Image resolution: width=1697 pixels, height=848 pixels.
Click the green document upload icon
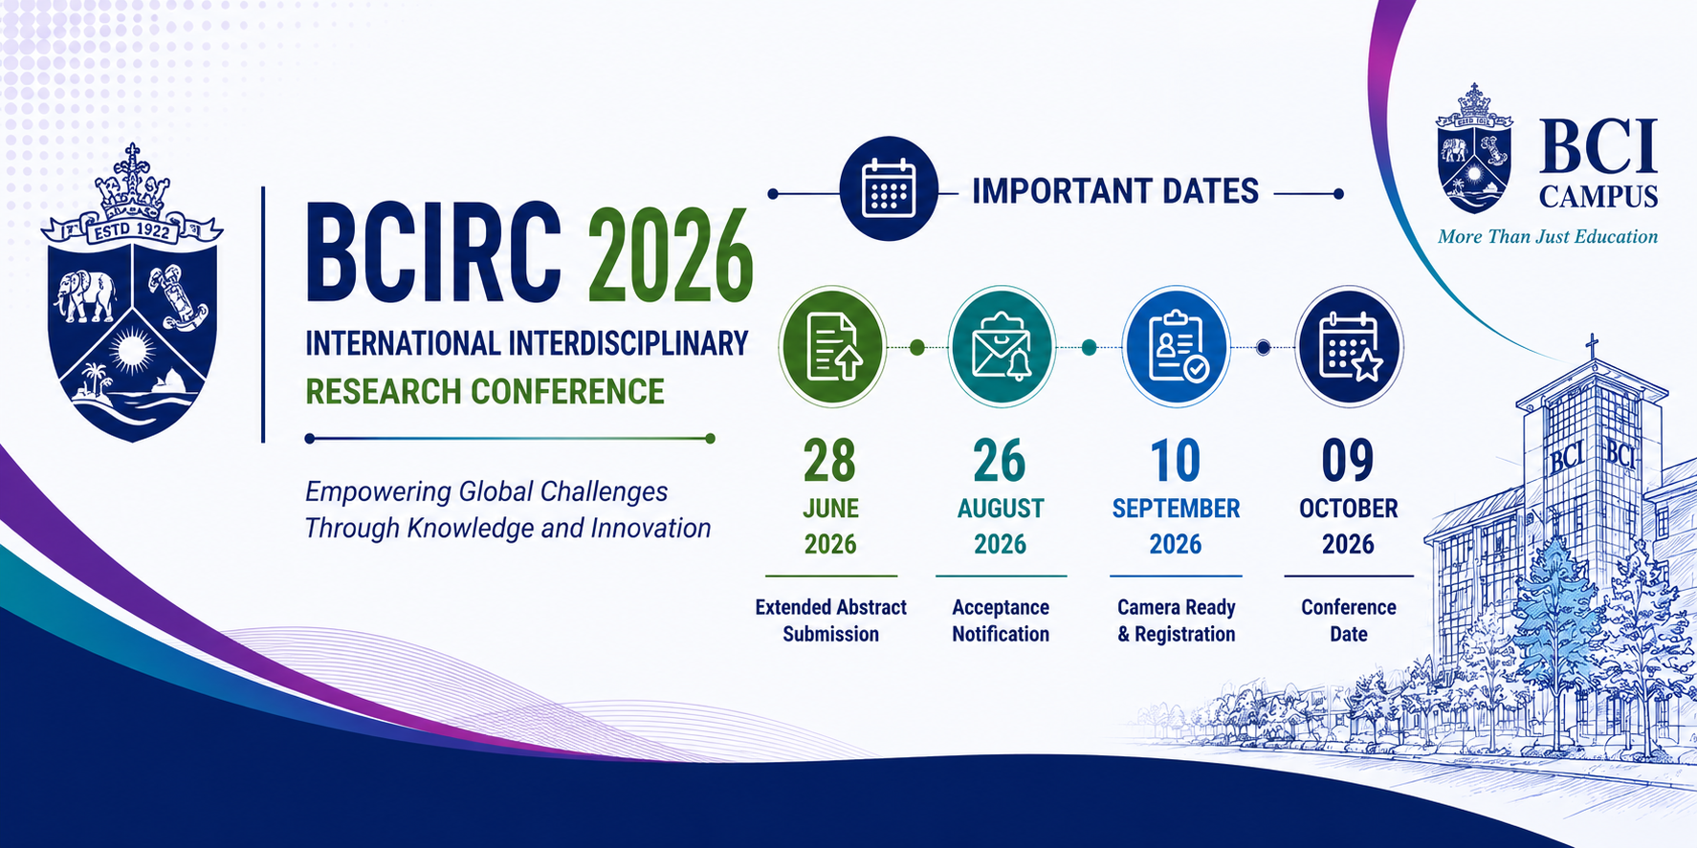click(832, 347)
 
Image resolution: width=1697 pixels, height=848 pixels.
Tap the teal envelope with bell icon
click(1001, 347)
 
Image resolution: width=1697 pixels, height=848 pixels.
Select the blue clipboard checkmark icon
click(1176, 347)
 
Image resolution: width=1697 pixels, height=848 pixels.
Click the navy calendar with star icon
click(1349, 347)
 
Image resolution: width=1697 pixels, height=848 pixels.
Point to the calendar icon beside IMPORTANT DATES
click(889, 188)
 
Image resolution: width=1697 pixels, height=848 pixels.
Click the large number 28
click(829, 461)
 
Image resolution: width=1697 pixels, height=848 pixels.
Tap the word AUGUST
click(1001, 509)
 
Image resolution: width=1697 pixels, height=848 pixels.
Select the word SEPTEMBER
click(1176, 509)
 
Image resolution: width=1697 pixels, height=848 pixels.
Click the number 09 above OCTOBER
click(1348, 461)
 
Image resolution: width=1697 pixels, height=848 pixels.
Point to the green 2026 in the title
click(671, 256)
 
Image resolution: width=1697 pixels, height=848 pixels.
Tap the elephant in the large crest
click(86, 294)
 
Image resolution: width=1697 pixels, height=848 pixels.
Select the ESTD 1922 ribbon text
click(131, 229)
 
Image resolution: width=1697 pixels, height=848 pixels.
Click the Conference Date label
click(1349, 620)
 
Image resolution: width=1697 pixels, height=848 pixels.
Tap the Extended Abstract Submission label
click(830, 620)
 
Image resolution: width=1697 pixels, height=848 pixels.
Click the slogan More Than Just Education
click(1548, 237)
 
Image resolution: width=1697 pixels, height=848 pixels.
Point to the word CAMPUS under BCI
click(1598, 197)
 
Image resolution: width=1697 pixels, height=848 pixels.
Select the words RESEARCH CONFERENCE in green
click(485, 392)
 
